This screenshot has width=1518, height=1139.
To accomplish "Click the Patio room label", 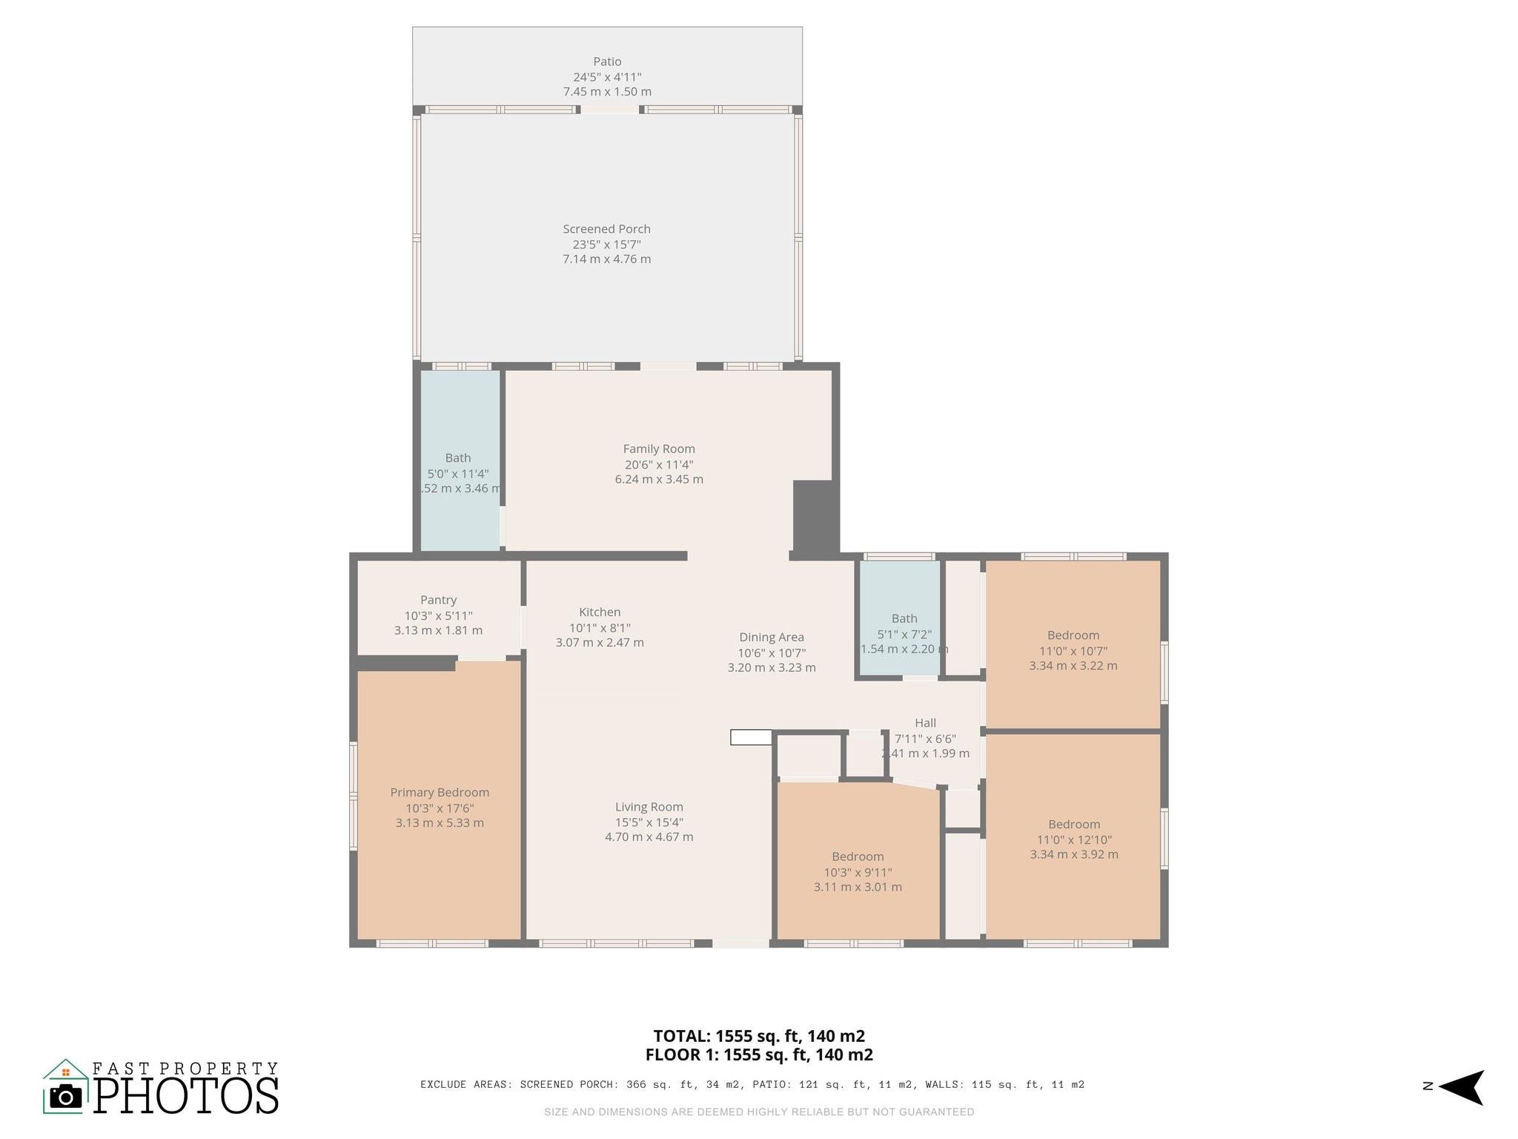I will [606, 62].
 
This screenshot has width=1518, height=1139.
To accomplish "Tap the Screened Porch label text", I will [606, 229].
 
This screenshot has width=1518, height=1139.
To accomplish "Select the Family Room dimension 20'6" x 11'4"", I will [658, 464].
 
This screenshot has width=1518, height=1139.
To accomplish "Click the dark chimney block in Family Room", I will [814, 515].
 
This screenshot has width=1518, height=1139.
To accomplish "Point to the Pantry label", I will [438, 600].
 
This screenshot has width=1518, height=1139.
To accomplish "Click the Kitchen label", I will [600, 612].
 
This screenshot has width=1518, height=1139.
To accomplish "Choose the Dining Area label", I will [771, 637].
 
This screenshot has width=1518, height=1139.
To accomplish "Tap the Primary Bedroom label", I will [440, 792].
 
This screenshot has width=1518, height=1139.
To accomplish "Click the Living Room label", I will [649, 807].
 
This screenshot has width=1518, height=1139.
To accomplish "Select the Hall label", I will [925, 723].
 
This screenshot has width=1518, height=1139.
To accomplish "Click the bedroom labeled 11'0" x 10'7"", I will [1073, 650].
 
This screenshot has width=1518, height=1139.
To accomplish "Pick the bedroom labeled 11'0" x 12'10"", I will [1073, 839].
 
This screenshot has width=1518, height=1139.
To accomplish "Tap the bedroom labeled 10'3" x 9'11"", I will [858, 871].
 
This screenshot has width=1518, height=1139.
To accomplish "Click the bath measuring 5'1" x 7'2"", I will [904, 633].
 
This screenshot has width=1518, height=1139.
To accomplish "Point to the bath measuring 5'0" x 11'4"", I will [458, 473].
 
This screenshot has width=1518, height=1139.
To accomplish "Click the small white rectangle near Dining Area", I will [751, 737].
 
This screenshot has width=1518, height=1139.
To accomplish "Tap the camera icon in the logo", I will [66, 1097].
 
